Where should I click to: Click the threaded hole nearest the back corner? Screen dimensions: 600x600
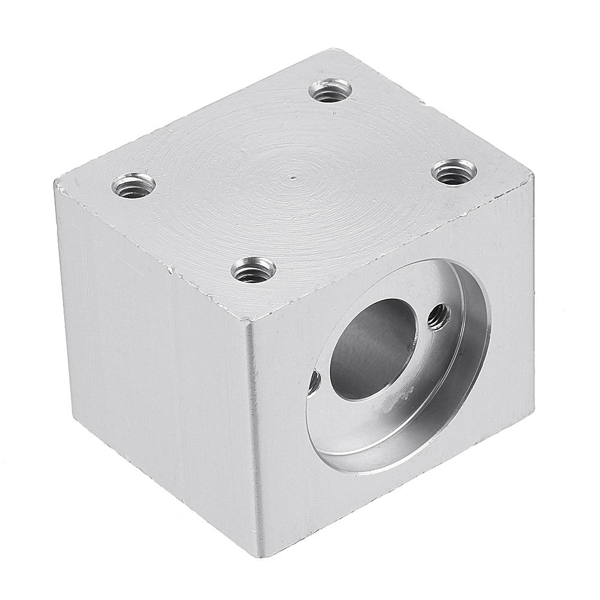point(331,91)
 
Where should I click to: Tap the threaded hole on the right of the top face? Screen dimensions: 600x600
point(454,173)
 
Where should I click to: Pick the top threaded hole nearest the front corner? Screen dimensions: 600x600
point(253,270)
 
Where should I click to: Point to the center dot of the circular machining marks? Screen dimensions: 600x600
point(292,178)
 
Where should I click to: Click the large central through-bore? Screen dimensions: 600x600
point(372,348)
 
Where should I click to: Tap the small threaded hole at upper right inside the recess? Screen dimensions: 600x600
point(439,316)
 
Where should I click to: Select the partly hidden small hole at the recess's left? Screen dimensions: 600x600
point(314,382)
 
